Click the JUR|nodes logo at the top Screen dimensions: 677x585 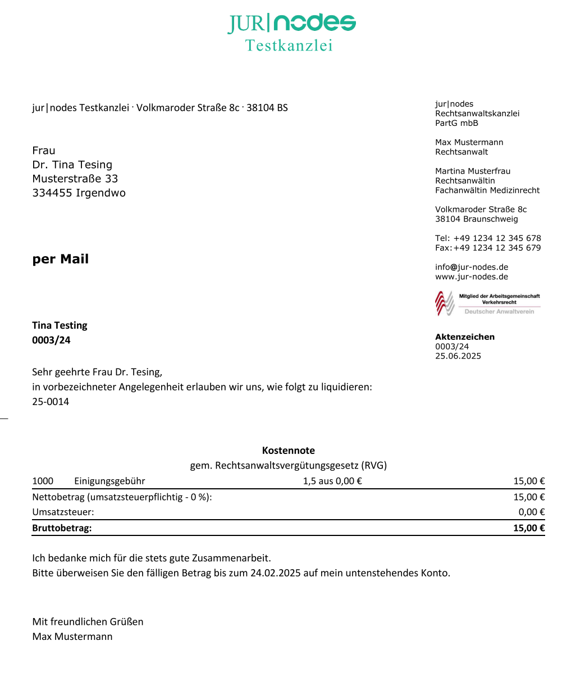click(291, 23)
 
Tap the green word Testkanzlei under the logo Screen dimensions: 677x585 click(289, 46)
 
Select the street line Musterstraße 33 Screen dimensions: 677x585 click(75, 179)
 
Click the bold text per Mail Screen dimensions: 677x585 click(61, 259)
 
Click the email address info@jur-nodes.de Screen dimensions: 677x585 click(472, 267)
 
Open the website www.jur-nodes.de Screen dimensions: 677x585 click(472, 276)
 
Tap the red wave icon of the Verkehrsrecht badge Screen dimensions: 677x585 click(445, 303)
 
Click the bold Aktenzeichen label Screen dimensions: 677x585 click(465, 337)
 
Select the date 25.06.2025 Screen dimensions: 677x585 click(458, 356)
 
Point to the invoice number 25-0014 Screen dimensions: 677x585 click(51, 402)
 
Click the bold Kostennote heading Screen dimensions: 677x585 click(289, 451)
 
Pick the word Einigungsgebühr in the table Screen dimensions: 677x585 click(109, 481)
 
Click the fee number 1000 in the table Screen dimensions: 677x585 click(43, 481)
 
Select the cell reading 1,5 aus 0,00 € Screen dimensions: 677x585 click(332, 481)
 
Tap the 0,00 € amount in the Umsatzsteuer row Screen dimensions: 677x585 click(532, 512)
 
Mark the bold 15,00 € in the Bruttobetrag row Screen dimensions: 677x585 click(529, 528)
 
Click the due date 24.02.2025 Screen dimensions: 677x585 click(276, 573)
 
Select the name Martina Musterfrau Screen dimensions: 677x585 click(473, 171)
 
